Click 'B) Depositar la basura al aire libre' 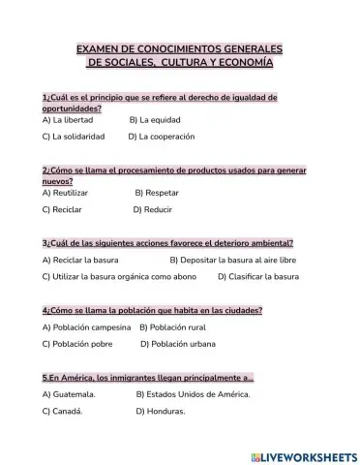[232, 260]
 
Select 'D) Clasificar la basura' [258, 276]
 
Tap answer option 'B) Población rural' [180, 327]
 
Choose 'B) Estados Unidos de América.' [193, 394]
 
